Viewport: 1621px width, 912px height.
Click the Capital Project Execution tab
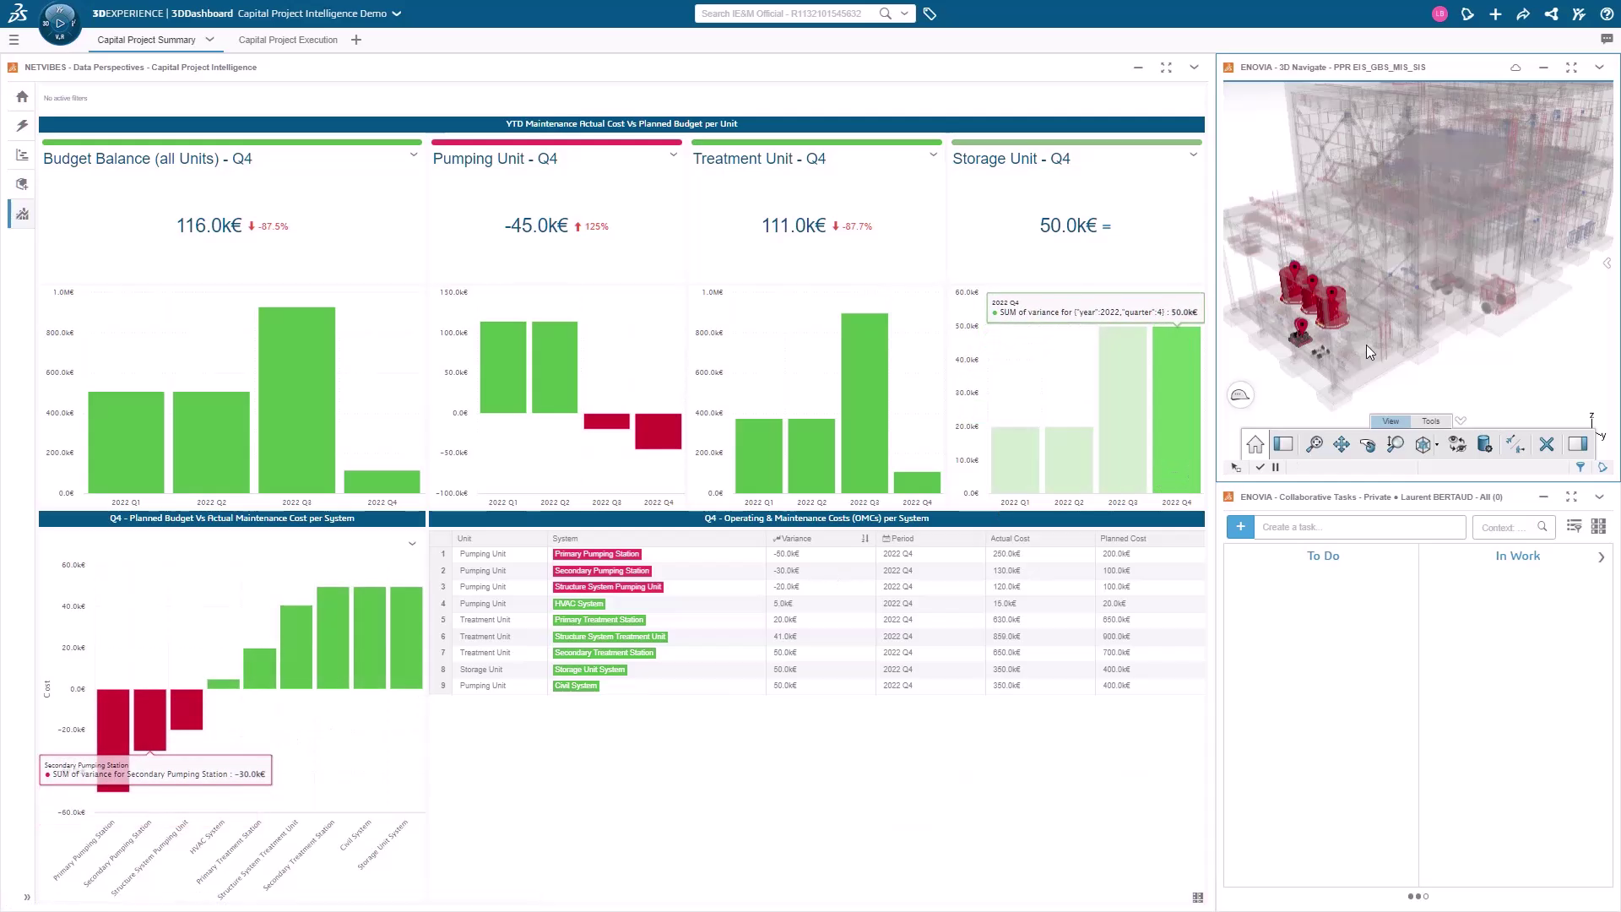click(x=288, y=40)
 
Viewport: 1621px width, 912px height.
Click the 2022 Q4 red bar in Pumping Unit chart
click(x=658, y=431)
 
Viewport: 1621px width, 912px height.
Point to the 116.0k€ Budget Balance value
click(x=209, y=226)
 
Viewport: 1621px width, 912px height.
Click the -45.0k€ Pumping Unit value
click(x=536, y=226)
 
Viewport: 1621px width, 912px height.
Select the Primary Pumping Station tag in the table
click(x=597, y=554)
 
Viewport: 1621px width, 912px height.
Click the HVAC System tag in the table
click(x=578, y=604)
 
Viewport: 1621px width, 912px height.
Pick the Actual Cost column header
click(x=1010, y=539)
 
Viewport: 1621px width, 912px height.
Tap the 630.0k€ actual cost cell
click(x=1006, y=620)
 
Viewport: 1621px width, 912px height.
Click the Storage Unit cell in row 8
click(x=481, y=670)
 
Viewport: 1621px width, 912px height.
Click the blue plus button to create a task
click(x=1240, y=527)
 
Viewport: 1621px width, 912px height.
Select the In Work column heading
click(x=1517, y=556)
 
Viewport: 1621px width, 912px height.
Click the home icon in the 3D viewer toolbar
click(x=1255, y=444)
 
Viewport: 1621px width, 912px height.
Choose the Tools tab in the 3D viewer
click(x=1430, y=421)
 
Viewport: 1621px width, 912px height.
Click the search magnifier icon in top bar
click(x=885, y=14)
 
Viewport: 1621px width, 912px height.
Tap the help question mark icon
click(x=1606, y=14)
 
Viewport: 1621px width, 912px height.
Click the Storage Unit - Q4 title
click(x=1011, y=159)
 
